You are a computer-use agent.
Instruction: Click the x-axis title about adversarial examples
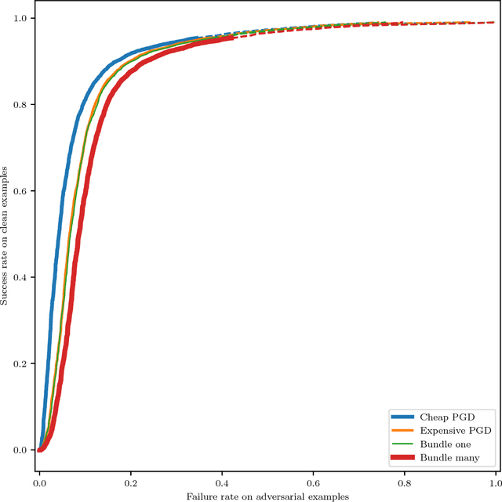pos(267,496)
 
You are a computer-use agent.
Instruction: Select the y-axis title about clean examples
pos(5,234)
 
